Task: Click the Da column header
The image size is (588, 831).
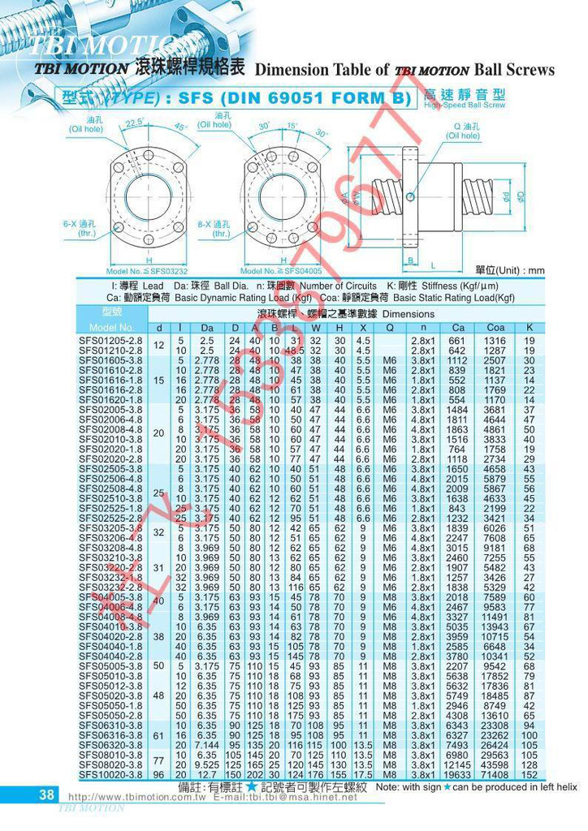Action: click(207, 327)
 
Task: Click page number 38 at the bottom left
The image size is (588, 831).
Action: click(45, 794)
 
